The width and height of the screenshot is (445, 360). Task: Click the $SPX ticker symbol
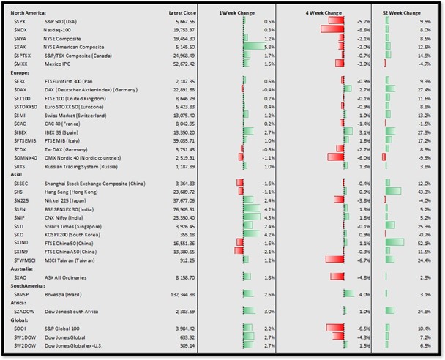[20, 22]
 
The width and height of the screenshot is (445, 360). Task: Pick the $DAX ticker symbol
[20, 89]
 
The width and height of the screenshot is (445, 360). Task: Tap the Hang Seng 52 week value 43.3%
[430, 191]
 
